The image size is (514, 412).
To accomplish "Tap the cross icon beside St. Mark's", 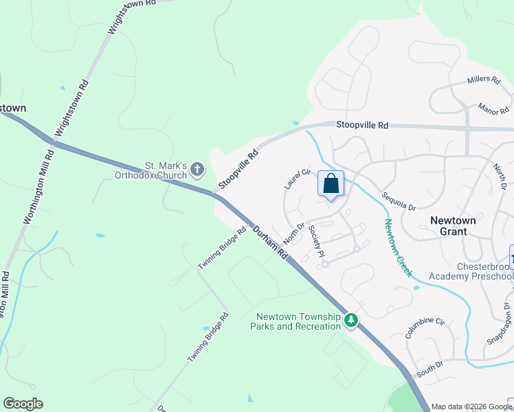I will coord(197,168).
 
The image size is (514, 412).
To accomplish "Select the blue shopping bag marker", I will coord(331,184).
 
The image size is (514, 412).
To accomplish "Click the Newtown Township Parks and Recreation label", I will coord(298,321).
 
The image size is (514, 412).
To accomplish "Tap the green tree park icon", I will coord(351,320).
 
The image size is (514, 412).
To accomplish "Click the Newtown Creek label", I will coord(398,247).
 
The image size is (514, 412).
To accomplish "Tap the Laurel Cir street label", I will coord(298,179).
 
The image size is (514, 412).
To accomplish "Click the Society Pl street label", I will coord(316,241).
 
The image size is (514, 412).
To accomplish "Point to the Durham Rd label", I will coord(270,243).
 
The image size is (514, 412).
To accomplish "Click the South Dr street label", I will coord(430,370).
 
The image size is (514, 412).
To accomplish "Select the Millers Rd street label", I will coord(484,80).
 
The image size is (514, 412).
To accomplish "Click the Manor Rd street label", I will coord(493,109).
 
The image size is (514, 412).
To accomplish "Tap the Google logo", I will coord(23,404).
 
